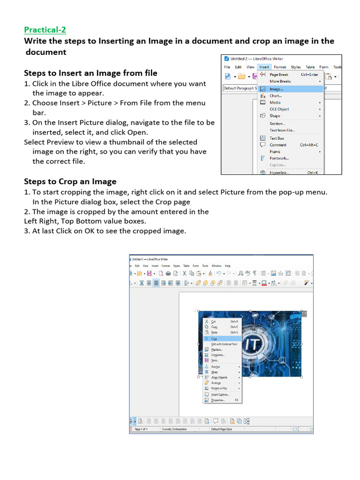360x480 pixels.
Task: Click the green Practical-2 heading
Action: [45, 30]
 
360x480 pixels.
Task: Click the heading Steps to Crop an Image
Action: [70, 181]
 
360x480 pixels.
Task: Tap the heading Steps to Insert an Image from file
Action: [90, 73]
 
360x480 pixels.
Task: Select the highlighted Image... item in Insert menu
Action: [276, 89]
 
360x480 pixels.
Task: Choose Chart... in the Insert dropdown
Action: [275, 96]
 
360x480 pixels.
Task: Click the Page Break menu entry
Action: [279, 75]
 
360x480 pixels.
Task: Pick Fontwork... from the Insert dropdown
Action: [279, 158]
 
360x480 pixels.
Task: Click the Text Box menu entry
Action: [277, 138]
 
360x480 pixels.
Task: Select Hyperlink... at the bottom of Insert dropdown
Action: [279, 172]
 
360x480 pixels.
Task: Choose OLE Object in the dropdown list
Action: [279, 109]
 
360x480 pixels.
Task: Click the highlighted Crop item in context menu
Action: [214, 338]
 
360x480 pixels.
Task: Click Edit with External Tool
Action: [224, 344]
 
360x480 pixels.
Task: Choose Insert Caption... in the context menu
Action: [220, 395]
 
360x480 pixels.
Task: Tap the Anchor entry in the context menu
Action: [216, 367]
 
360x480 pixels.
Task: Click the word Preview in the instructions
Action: [63, 142]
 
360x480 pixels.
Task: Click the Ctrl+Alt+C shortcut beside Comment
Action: [309, 145]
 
